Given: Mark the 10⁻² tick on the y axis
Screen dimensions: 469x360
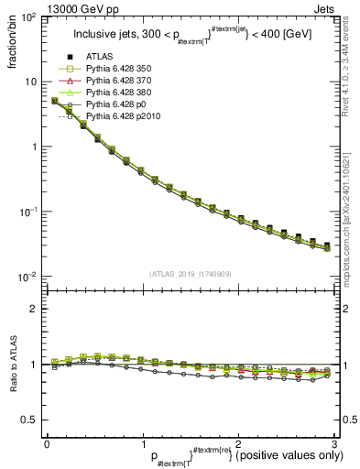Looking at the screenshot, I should click(x=29, y=278).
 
